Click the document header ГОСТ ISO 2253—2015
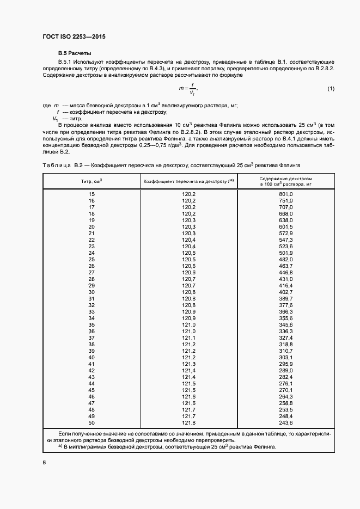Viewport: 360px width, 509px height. pyautogui.click(x=74, y=36)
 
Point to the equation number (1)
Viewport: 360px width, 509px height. pyautogui.click(x=331, y=89)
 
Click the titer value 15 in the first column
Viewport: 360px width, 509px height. pyautogui.click(x=91, y=194)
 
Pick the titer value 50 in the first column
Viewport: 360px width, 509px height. pyautogui.click(x=91, y=422)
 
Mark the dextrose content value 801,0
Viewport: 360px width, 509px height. pyautogui.click(x=286, y=194)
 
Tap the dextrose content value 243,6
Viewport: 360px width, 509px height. pyautogui.click(x=286, y=422)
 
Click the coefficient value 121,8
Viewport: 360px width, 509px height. pyautogui.click(x=188, y=422)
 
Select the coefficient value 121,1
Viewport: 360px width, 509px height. pyautogui.click(x=188, y=338)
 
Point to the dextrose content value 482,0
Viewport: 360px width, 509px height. pyautogui.click(x=286, y=259)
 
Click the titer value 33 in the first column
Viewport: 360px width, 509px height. pyautogui.click(x=91, y=311)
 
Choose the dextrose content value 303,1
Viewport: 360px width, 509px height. pyautogui.click(x=286, y=357)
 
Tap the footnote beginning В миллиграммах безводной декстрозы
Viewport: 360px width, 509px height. pyautogui.click(x=163, y=447)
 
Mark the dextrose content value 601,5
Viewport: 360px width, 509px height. pyautogui.click(x=286, y=226)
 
